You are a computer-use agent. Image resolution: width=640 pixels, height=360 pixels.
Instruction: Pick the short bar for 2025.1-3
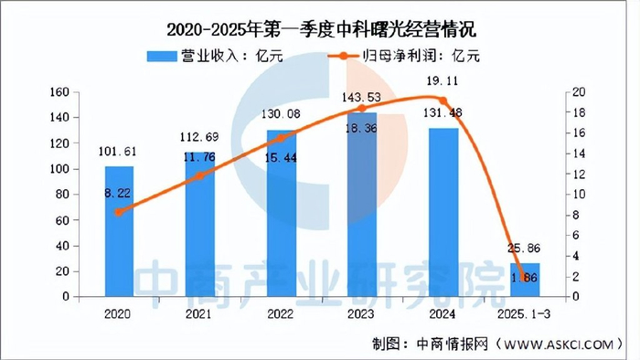point(524,280)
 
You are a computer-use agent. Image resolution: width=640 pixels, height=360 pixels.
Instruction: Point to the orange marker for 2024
point(443,101)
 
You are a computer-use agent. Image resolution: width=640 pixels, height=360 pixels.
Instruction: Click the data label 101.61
point(119,152)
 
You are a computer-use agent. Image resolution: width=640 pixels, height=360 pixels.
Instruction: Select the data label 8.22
point(119,194)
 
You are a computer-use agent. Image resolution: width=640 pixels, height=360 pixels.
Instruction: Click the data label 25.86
point(524,248)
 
